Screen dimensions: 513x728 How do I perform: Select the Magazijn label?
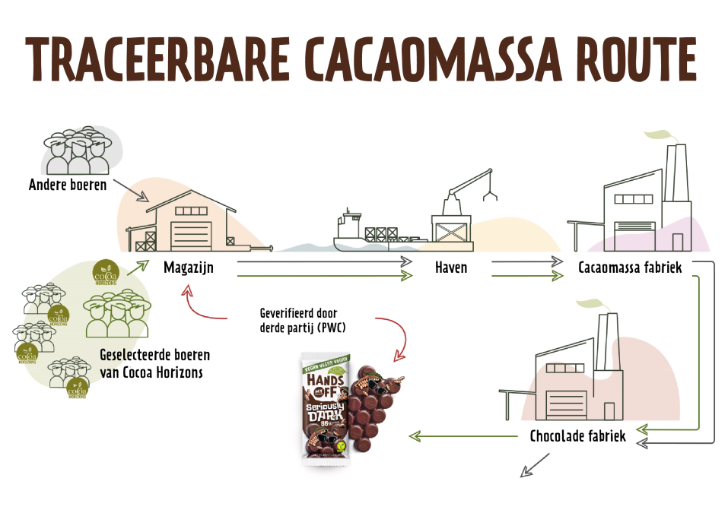(x=187, y=268)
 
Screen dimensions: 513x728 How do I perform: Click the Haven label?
(x=451, y=268)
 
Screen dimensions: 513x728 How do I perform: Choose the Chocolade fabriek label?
(x=578, y=436)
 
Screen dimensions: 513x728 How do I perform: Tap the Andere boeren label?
(x=68, y=185)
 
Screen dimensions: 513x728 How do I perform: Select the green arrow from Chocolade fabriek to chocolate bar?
(x=463, y=436)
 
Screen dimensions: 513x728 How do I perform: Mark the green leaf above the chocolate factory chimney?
(x=589, y=305)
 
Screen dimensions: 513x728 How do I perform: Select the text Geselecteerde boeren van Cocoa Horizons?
(x=155, y=363)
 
